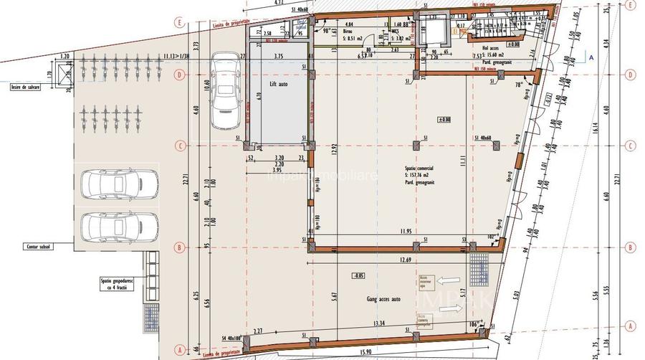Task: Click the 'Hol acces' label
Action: point(489,48)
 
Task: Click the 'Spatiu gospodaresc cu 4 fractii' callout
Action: point(110,285)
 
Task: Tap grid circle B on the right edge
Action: point(631,248)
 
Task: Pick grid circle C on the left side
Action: point(181,146)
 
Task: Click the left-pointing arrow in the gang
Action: point(449,281)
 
